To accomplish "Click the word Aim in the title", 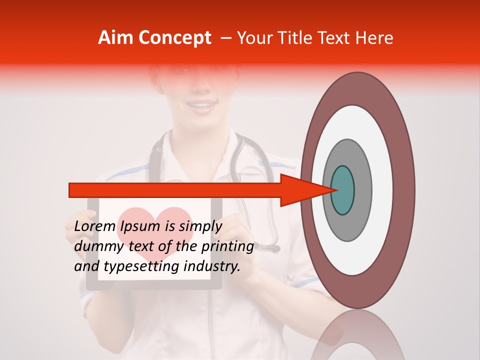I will [x=116, y=38].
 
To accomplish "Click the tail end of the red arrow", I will [x=73, y=190].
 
